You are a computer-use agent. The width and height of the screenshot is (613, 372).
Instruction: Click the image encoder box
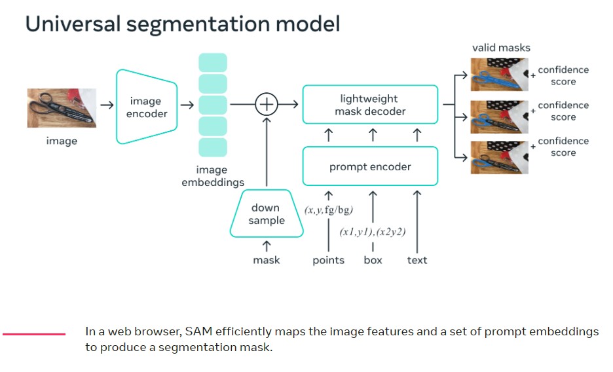147,107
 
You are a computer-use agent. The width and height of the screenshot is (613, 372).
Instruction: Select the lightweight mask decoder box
370,105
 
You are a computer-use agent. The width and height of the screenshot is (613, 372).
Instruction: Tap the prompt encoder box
370,166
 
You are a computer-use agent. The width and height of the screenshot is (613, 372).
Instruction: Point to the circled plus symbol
267,104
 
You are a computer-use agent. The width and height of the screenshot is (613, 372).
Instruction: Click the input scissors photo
62,108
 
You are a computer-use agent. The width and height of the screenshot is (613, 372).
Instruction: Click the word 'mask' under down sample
267,260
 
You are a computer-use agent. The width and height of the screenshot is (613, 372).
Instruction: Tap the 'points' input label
328,260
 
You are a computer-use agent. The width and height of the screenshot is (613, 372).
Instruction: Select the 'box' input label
373,260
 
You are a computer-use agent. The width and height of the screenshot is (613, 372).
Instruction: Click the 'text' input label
417,260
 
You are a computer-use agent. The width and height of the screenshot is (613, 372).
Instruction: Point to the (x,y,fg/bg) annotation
328,210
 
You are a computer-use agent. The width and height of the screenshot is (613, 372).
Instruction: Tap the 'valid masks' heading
501,48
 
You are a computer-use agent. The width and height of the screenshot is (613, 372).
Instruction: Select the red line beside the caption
34,334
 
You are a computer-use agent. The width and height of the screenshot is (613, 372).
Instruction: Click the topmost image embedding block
213,63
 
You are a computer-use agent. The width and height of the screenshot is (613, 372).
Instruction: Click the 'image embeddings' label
213,176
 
